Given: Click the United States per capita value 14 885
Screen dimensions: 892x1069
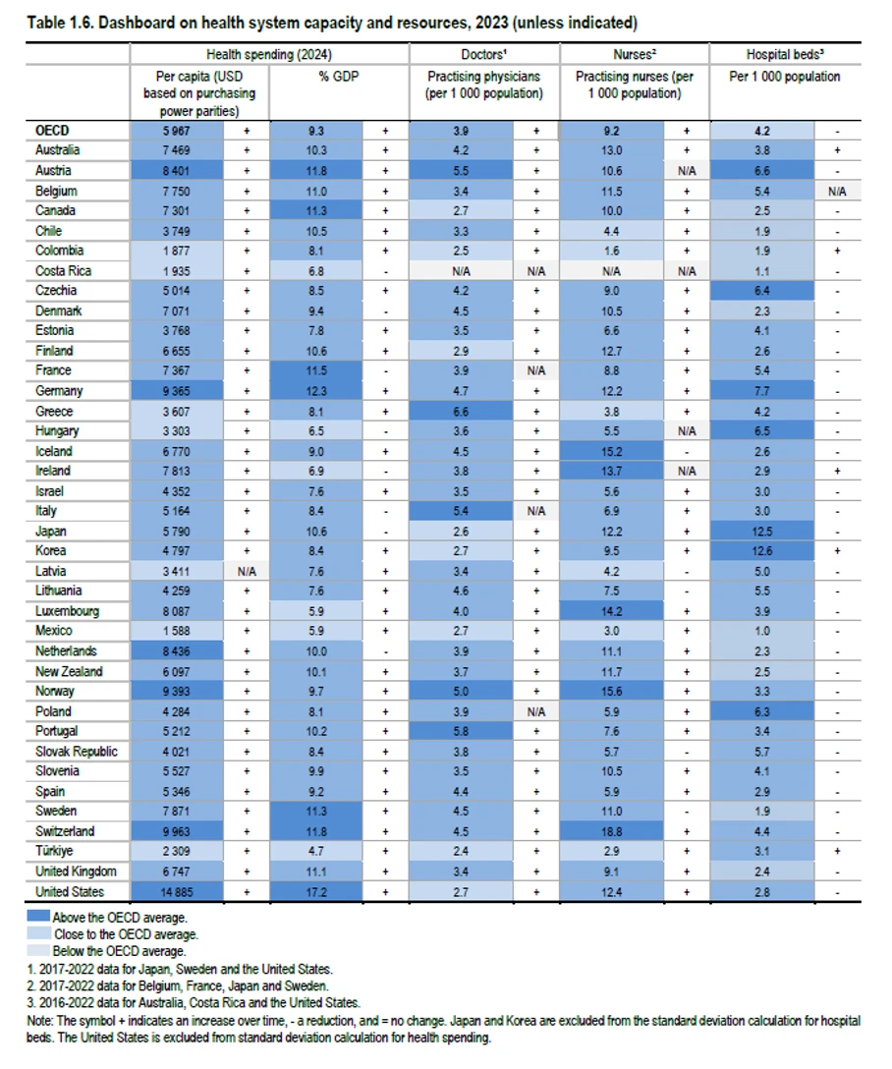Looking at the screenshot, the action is (x=177, y=892).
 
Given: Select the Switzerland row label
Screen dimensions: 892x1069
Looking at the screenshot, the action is (x=65, y=831).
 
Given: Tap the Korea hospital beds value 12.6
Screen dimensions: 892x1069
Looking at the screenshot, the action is (x=762, y=551).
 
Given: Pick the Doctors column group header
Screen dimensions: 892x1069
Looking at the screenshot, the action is (x=483, y=54).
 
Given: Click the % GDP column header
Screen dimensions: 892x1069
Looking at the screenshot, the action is (x=339, y=77).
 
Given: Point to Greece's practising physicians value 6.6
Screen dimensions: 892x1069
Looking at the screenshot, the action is (x=461, y=412).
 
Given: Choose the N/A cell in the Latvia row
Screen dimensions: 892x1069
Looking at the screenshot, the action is (x=247, y=571).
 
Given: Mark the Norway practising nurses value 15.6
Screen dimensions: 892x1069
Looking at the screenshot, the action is (x=611, y=692).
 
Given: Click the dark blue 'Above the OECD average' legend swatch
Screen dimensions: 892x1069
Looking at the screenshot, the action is (x=38, y=916).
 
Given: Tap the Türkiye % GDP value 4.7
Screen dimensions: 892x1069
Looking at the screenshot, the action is (x=315, y=852).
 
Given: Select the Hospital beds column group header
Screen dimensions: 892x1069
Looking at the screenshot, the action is (x=785, y=54).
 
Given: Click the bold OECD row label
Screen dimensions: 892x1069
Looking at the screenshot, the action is (x=52, y=131).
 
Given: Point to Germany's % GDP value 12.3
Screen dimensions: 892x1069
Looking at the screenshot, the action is (x=315, y=391).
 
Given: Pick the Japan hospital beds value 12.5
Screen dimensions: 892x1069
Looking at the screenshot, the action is (x=762, y=532).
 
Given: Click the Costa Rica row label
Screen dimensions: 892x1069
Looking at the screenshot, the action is (x=64, y=270).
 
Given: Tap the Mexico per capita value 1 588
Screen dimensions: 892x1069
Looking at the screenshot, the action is (x=177, y=632).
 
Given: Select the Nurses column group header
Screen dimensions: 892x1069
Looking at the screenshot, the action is (x=635, y=54).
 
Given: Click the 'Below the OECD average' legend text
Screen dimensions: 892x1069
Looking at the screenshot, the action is (x=119, y=951).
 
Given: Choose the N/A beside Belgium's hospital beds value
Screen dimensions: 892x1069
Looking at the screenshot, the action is (x=838, y=192).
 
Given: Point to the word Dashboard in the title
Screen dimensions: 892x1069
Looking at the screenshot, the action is (x=137, y=23).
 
